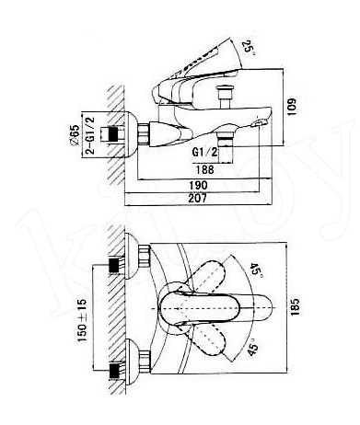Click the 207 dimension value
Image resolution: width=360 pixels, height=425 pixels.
point(198,198)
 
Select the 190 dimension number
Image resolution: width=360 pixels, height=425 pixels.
point(198,185)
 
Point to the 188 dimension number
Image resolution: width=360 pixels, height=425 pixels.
point(205,169)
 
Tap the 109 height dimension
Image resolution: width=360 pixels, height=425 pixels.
point(292,107)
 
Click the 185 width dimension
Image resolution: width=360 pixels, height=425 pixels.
point(295,306)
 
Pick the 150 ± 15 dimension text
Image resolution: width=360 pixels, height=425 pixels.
point(82,321)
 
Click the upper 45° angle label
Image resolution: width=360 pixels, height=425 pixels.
point(255,270)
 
